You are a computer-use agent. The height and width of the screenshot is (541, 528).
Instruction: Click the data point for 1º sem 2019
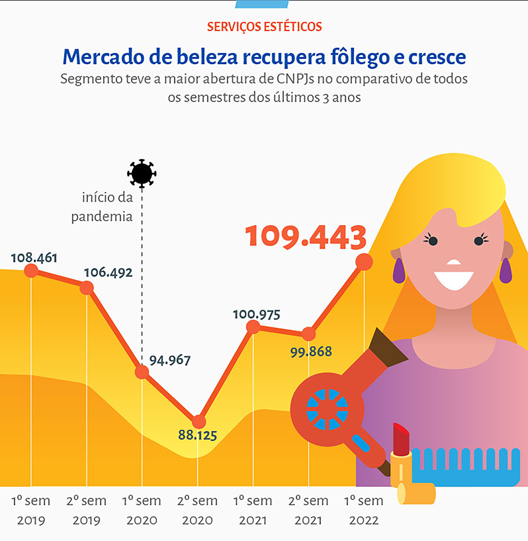[x=31, y=270]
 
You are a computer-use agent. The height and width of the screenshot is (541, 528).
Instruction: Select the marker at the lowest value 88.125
[x=199, y=421]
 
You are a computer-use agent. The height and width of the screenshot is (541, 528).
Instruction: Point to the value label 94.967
[x=170, y=360]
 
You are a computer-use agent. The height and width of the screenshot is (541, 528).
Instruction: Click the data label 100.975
[x=256, y=314]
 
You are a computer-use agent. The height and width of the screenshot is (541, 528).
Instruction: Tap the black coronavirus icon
[x=142, y=174]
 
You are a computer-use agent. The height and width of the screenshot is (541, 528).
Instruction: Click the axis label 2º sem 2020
[x=197, y=510]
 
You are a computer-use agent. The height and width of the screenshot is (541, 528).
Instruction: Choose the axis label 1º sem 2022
[x=364, y=510]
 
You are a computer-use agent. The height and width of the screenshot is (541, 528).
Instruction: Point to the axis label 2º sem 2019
[x=86, y=510]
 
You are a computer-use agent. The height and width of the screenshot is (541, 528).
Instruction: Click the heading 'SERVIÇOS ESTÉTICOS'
[x=264, y=26]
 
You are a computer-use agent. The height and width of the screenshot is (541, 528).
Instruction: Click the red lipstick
[x=401, y=440]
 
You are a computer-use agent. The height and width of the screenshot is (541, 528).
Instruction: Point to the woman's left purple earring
[x=399, y=270]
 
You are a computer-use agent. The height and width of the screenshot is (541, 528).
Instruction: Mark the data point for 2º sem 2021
[x=308, y=334]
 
